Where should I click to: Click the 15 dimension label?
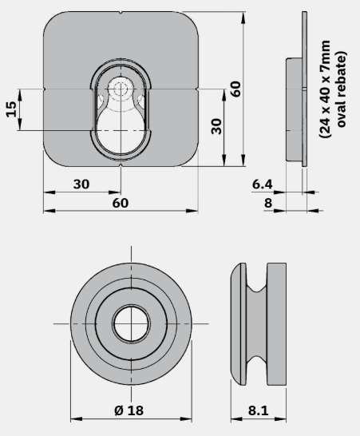[x=11, y=109]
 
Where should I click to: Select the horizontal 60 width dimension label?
[x=121, y=203]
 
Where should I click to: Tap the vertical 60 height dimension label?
[x=235, y=89]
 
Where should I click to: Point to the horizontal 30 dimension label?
[x=81, y=184]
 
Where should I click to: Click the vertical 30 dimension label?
[x=216, y=126]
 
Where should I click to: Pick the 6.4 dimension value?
[x=263, y=184]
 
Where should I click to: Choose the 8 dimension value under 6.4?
[x=268, y=203]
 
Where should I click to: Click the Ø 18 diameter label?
[x=129, y=410]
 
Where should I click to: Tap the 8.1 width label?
[x=259, y=410]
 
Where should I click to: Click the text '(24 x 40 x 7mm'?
[x=325, y=89]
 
